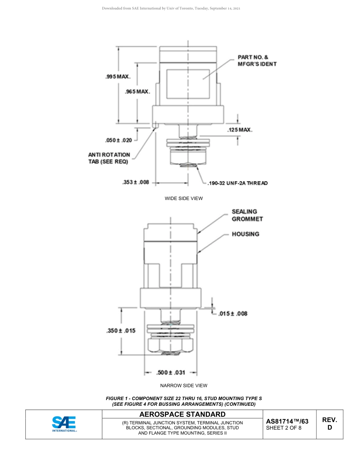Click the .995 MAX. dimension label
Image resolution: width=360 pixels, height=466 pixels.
pyautogui.click(x=118, y=77)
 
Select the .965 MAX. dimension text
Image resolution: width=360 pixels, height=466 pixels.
pyautogui.click(x=138, y=92)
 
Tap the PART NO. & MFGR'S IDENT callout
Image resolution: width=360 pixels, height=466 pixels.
pyautogui.click(x=257, y=61)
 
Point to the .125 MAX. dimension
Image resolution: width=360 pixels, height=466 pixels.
pyautogui.click(x=240, y=130)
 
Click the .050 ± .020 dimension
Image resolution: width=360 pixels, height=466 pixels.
pyautogui.click(x=119, y=141)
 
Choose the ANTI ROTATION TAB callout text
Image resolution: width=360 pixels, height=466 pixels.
pyautogui.click(x=109, y=158)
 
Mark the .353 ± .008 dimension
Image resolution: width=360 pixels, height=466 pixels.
pyautogui.click(x=136, y=183)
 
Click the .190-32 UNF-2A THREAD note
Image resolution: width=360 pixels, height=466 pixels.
pyautogui.click(x=238, y=183)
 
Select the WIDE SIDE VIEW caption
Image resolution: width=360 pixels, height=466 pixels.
pyautogui.click(x=184, y=199)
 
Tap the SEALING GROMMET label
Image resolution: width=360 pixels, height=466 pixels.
pyautogui.click(x=247, y=215)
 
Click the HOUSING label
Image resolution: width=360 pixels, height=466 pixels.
pyautogui.click(x=246, y=234)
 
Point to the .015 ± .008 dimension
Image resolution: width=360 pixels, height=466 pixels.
pyautogui.click(x=233, y=313)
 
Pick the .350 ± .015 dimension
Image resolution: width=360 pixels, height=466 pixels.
pyautogui.click(x=121, y=330)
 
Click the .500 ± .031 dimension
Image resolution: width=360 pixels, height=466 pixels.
pyautogui.click(x=171, y=372)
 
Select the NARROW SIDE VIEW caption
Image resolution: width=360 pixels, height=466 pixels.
pyautogui.click(x=184, y=386)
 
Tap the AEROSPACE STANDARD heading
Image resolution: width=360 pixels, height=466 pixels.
pyautogui.click(x=182, y=414)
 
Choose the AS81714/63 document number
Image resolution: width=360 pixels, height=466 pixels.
pyautogui.click(x=287, y=421)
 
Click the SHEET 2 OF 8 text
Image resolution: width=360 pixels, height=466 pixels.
pyautogui.click(x=284, y=428)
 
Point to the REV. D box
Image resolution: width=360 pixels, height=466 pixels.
pyautogui.click(x=330, y=424)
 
